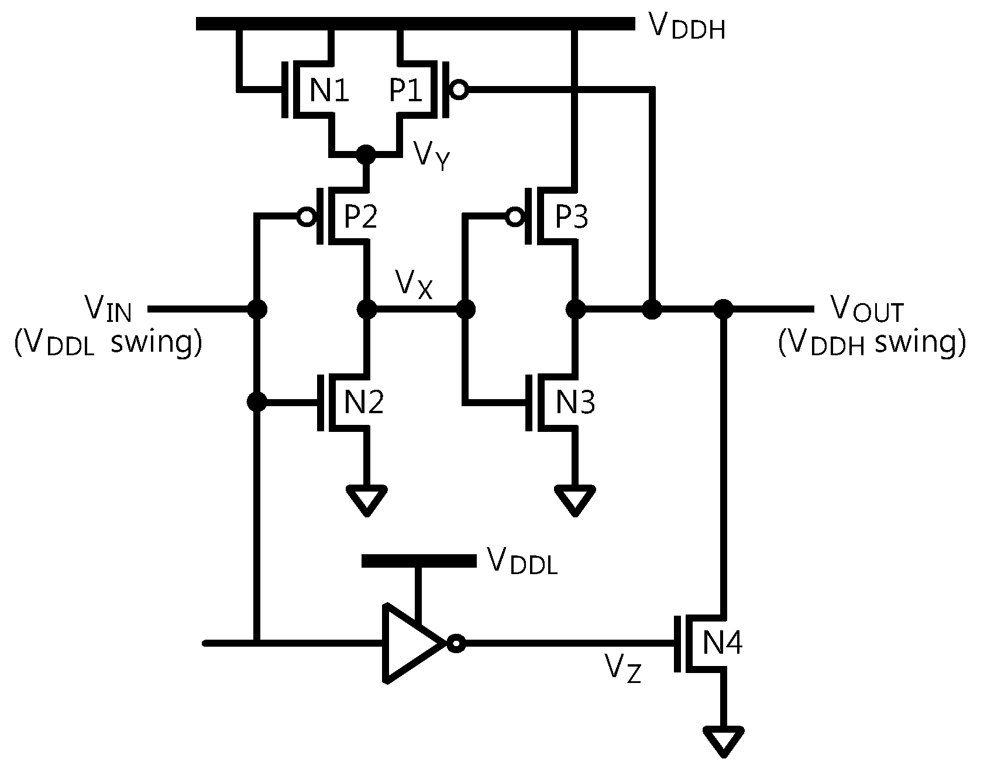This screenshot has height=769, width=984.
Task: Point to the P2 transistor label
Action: pos(360,217)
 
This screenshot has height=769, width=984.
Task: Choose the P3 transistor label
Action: pos(572,217)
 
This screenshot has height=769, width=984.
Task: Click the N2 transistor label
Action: pos(363,402)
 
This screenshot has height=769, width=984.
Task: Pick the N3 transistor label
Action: pos(575,402)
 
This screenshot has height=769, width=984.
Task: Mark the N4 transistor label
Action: pos(722,643)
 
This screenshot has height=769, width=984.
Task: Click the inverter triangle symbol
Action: pos(412,643)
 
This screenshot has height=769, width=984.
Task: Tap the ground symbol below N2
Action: pos(367,500)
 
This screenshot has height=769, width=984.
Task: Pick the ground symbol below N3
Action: pos(576,500)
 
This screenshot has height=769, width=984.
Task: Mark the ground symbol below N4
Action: pos(724,741)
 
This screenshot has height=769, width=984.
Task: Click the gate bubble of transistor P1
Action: pos(459,90)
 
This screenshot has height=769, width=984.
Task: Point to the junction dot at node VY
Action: pos(366,155)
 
